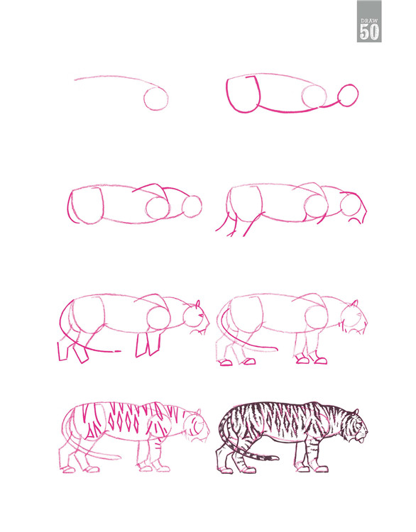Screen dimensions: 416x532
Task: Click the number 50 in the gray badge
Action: (369, 32)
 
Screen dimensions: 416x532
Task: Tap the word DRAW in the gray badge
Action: (369, 21)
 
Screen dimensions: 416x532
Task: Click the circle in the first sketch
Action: (156, 99)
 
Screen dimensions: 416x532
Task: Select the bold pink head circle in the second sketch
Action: (348, 95)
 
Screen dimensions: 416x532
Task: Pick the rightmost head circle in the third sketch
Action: (192, 206)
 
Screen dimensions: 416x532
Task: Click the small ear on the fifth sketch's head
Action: (197, 304)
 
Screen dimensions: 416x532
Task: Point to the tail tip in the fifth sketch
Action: (117, 351)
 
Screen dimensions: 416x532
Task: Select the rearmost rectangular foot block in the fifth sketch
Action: (63, 351)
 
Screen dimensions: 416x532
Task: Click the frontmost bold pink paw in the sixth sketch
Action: (321, 360)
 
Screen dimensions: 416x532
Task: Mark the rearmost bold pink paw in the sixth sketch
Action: (226, 362)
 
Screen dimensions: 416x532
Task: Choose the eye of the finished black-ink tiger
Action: (361, 423)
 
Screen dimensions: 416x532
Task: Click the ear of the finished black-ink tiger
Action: (356, 412)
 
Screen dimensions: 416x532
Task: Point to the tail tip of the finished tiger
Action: (275, 459)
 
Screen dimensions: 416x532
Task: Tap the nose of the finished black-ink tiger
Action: (367, 433)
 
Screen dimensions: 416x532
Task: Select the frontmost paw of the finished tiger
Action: (322, 470)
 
